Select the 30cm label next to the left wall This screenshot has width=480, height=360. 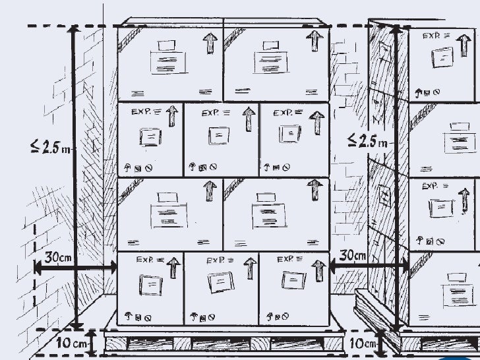(x=58, y=256)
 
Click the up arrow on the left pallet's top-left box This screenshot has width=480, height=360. (x=210, y=44)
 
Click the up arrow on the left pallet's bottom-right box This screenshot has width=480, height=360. (x=319, y=269)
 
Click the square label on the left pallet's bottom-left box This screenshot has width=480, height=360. (x=150, y=284)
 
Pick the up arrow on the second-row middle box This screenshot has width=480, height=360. (x=248, y=119)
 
